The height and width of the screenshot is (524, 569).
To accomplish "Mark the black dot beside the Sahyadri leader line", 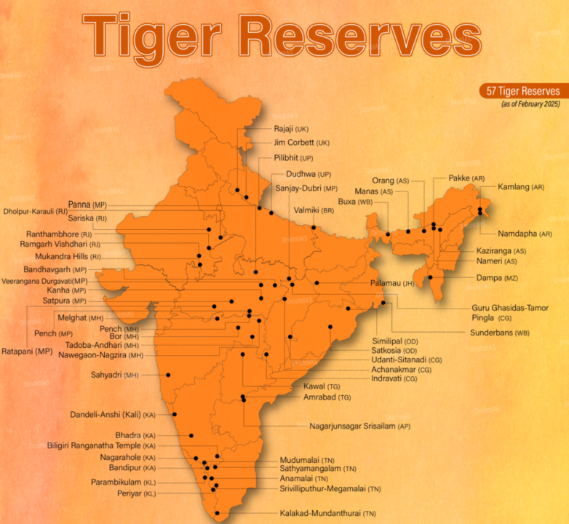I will point(168,375).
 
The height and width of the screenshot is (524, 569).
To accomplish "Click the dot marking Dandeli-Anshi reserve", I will point(175,414).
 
